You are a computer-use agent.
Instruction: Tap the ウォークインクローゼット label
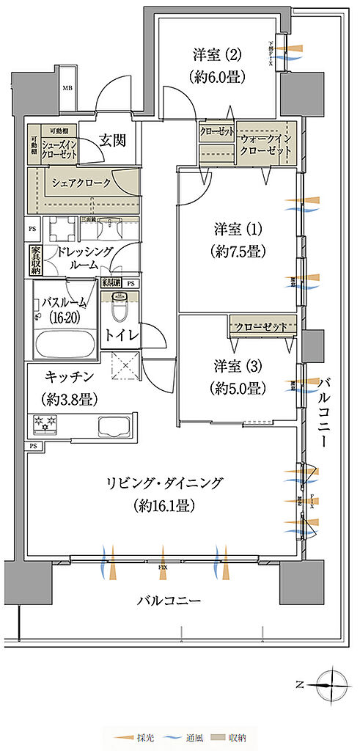(x=265, y=144)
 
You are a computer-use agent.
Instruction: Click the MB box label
(x=67, y=89)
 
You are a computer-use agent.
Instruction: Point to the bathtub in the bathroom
(x=64, y=345)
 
